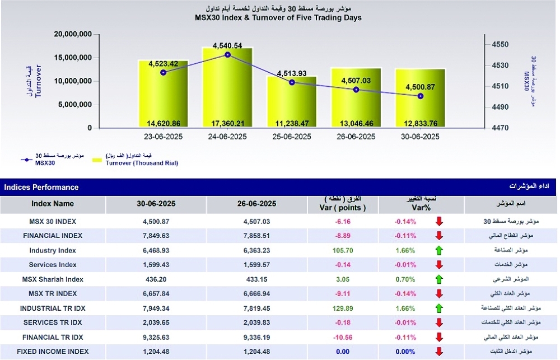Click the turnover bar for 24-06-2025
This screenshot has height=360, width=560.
click(227, 95)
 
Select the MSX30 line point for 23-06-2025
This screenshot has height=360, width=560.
click(164, 72)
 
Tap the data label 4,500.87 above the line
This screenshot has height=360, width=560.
click(419, 86)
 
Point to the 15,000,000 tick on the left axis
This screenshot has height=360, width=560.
click(73, 58)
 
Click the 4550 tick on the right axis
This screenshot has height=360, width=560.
click(500, 45)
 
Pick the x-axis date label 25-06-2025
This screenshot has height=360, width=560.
click(292, 137)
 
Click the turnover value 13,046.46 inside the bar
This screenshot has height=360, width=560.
click(356, 123)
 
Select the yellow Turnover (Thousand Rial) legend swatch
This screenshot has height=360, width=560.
click(97, 160)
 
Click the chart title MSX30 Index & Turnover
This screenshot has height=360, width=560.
click(278, 17)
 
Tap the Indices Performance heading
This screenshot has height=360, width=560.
click(41, 187)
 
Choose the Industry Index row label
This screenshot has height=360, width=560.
click(53, 250)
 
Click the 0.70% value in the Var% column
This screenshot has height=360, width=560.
click(405, 279)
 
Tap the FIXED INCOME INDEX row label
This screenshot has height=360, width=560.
click(53, 352)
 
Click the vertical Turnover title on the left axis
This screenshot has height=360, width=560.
click(38, 81)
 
